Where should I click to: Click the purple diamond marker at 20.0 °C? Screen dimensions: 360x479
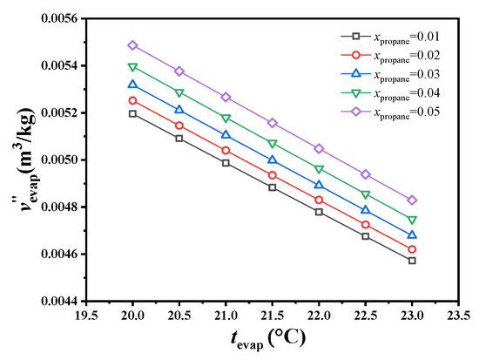click(132, 45)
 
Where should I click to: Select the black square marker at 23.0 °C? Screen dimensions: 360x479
click(412, 261)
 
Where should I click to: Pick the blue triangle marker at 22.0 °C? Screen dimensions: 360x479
click(319, 185)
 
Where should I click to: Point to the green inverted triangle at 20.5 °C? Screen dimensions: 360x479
click(179, 92)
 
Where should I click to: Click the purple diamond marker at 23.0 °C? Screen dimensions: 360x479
click(412, 200)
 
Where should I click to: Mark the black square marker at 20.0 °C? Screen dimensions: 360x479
click(132, 114)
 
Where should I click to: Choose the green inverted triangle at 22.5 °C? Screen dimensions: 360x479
click(366, 194)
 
